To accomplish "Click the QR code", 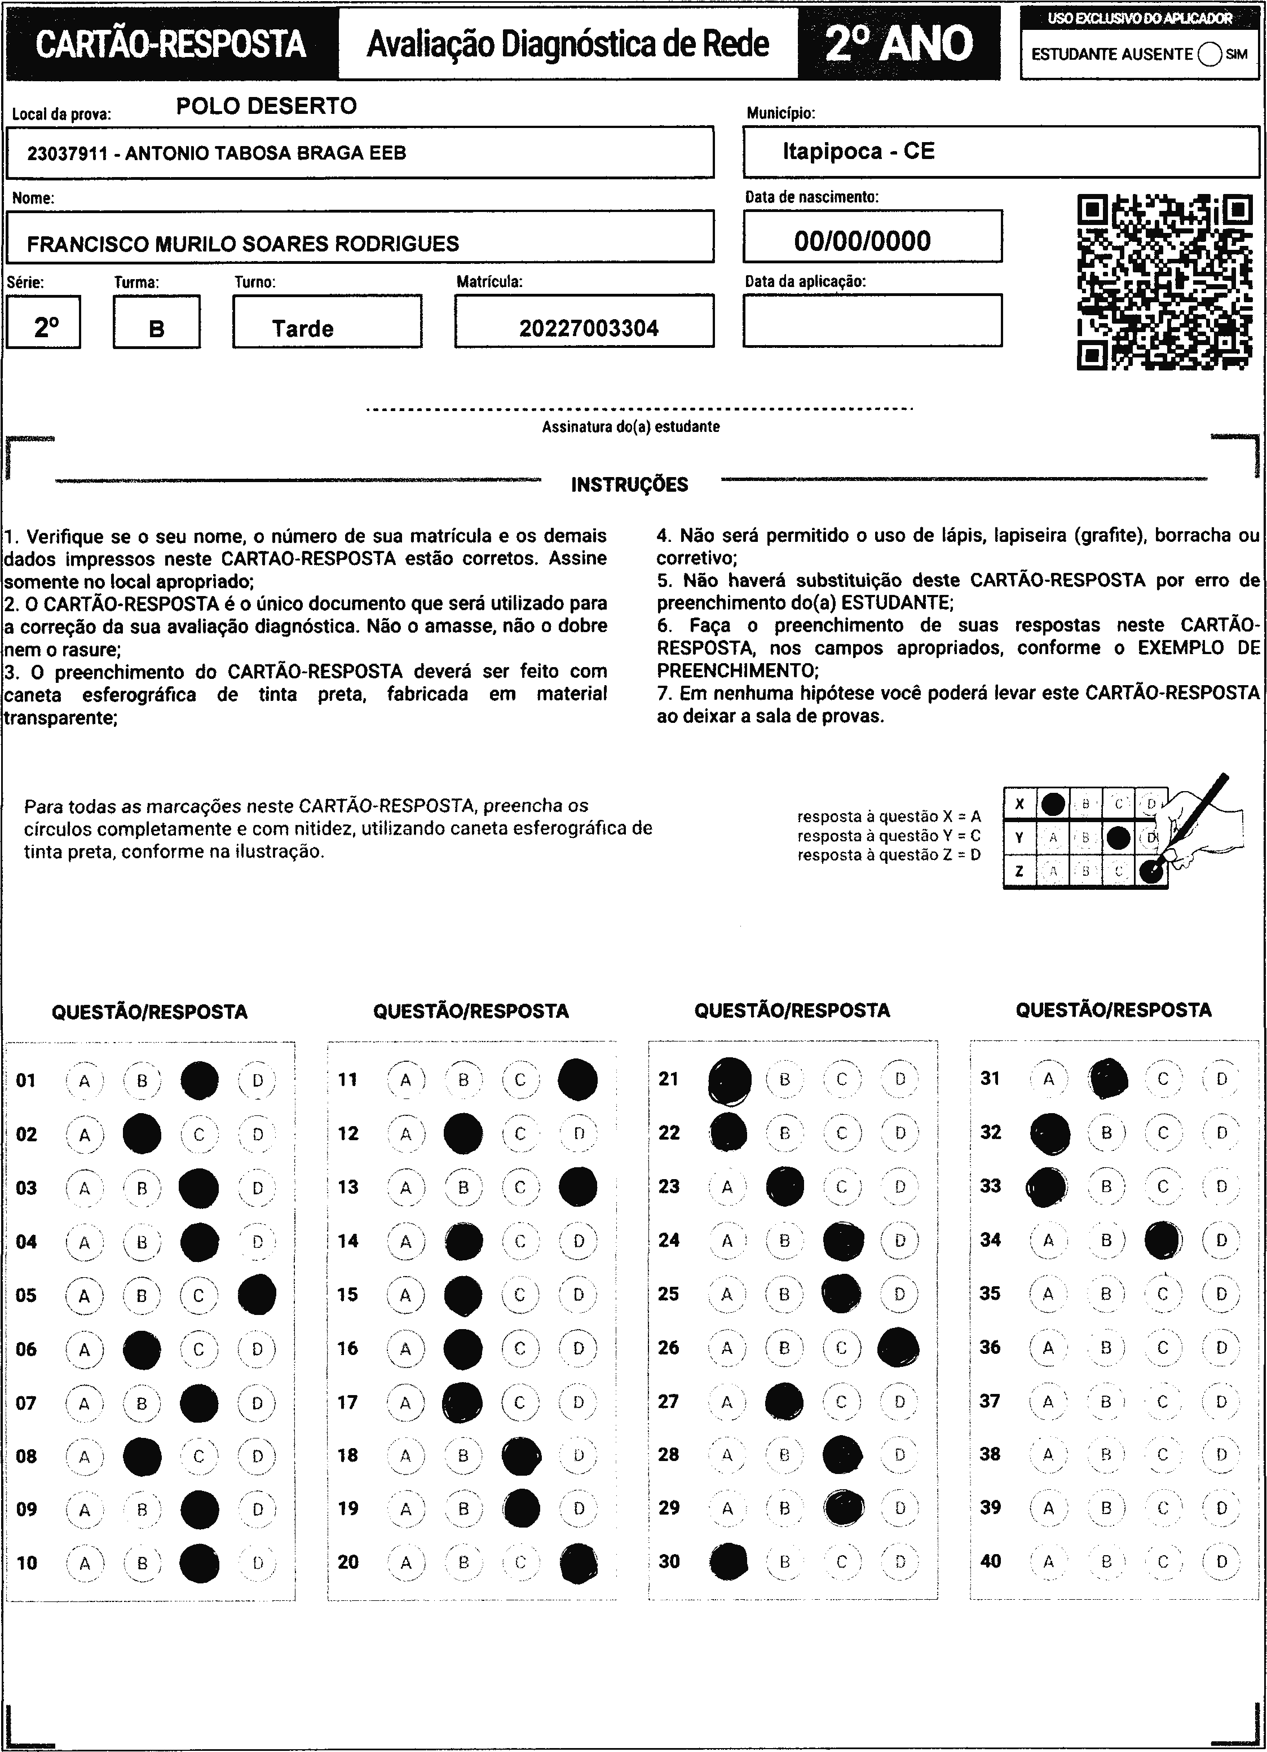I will [x=1164, y=283].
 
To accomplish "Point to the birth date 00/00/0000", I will [x=862, y=241].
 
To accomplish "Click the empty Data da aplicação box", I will [x=872, y=321].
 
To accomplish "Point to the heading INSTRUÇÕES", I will [x=630, y=485].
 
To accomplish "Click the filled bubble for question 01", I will [x=199, y=1080].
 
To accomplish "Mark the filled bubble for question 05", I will [x=257, y=1295].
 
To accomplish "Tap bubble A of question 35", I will [x=1048, y=1294].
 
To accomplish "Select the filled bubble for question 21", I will [x=729, y=1080].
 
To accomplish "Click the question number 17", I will [x=348, y=1402].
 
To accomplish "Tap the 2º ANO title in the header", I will [x=899, y=44].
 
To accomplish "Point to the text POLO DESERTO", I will [x=267, y=106].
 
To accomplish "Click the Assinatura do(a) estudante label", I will [x=630, y=426].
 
